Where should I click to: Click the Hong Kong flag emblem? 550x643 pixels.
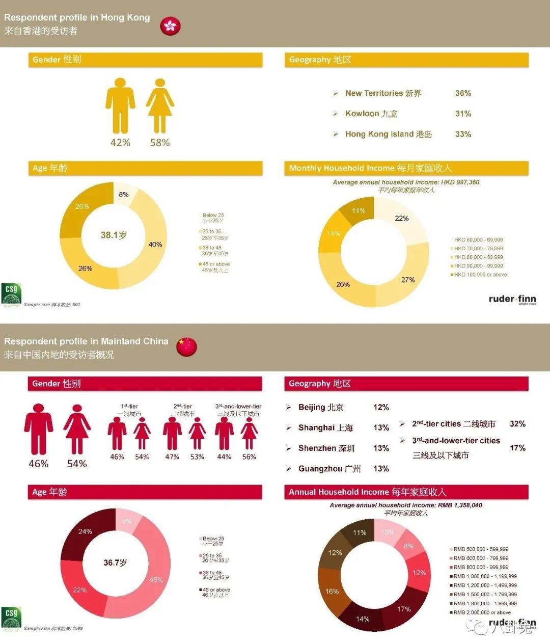pyautogui.click(x=170, y=25)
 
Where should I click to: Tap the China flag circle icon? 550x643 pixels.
pyautogui.click(x=186, y=346)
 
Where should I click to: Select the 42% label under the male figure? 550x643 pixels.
pyautogui.click(x=120, y=143)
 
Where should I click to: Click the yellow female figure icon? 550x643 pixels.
pyautogui.click(x=160, y=106)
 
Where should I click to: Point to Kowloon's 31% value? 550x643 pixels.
pyautogui.click(x=463, y=114)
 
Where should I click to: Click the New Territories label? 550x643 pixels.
pyautogui.click(x=383, y=93)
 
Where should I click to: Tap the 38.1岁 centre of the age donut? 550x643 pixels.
pyautogui.click(x=114, y=235)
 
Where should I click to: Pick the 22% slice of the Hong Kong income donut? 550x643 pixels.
pyautogui.click(x=402, y=219)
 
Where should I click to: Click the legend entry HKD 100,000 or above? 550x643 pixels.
pyautogui.click(x=480, y=275)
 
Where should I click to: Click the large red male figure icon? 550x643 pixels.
pyautogui.click(x=39, y=429)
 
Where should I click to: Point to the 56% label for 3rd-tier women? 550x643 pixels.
pyautogui.click(x=249, y=457)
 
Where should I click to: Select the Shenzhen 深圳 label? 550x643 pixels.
pyautogui.click(x=326, y=448)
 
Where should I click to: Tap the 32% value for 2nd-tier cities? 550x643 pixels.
pyautogui.click(x=517, y=424)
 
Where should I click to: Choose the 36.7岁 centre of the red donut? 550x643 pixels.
pyautogui.click(x=115, y=562)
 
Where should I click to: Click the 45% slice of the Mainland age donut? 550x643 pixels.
pyautogui.click(x=155, y=580)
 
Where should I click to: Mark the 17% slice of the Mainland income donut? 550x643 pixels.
pyautogui.click(x=404, y=609)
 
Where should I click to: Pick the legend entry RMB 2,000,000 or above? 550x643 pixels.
pyautogui.click(x=482, y=612)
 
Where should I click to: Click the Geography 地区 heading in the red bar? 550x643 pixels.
pyautogui.click(x=320, y=384)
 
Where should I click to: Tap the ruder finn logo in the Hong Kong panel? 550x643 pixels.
pyautogui.click(x=512, y=299)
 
